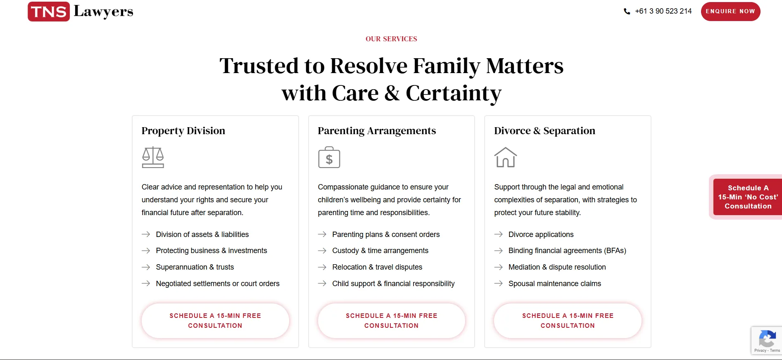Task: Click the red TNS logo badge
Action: pyautogui.click(x=49, y=12)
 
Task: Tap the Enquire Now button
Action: pyautogui.click(x=730, y=11)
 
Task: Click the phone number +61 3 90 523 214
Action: pyautogui.click(x=663, y=11)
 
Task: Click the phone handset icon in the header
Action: pyautogui.click(x=627, y=12)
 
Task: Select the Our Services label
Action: pyautogui.click(x=391, y=39)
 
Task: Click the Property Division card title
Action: pyautogui.click(x=183, y=131)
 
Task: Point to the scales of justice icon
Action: pyautogui.click(x=153, y=157)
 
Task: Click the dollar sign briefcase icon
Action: pyautogui.click(x=329, y=157)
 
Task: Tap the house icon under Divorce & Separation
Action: pyautogui.click(x=506, y=157)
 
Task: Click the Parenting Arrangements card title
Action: pyautogui.click(x=377, y=131)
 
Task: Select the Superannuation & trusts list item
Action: pyautogui.click(x=195, y=267)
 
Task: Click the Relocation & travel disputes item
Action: pyautogui.click(x=377, y=267)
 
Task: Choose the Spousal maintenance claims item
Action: pyautogui.click(x=555, y=284)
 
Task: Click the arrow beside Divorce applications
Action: pyautogui.click(x=499, y=234)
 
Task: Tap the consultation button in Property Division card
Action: pyautogui.click(x=215, y=321)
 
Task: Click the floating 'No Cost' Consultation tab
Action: pyautogui.click(x=748, y=197)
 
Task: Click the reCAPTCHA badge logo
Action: pyautogui.click(x=767, y=339)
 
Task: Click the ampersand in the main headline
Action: pyautogui.click(x=392, y=93)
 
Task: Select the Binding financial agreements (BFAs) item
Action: pyautogui.click(x=567, y=251)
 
